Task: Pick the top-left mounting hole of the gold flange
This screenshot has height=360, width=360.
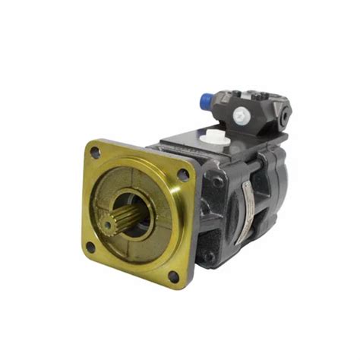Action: click(x=96, y=153)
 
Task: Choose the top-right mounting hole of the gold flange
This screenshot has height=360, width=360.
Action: click(x=183, y=175)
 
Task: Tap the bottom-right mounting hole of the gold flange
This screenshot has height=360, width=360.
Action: click(x=174, y=276)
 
